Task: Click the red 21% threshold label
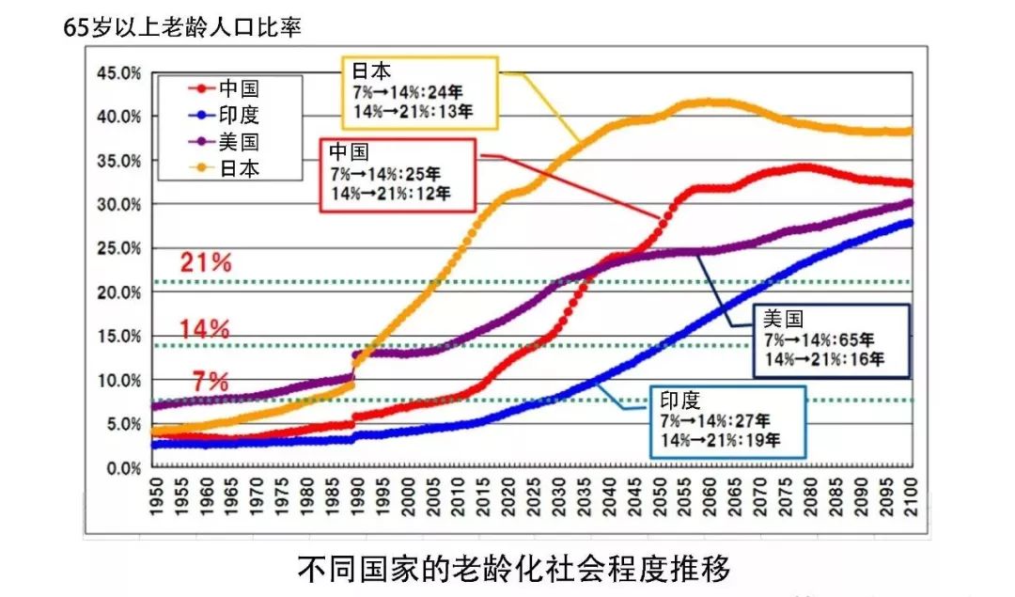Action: click(x=205, y=263)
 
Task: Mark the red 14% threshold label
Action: click(x=205, y=329)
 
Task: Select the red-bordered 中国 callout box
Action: click(x=398, y=175)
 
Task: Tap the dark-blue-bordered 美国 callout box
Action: click(x=822, y=339)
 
